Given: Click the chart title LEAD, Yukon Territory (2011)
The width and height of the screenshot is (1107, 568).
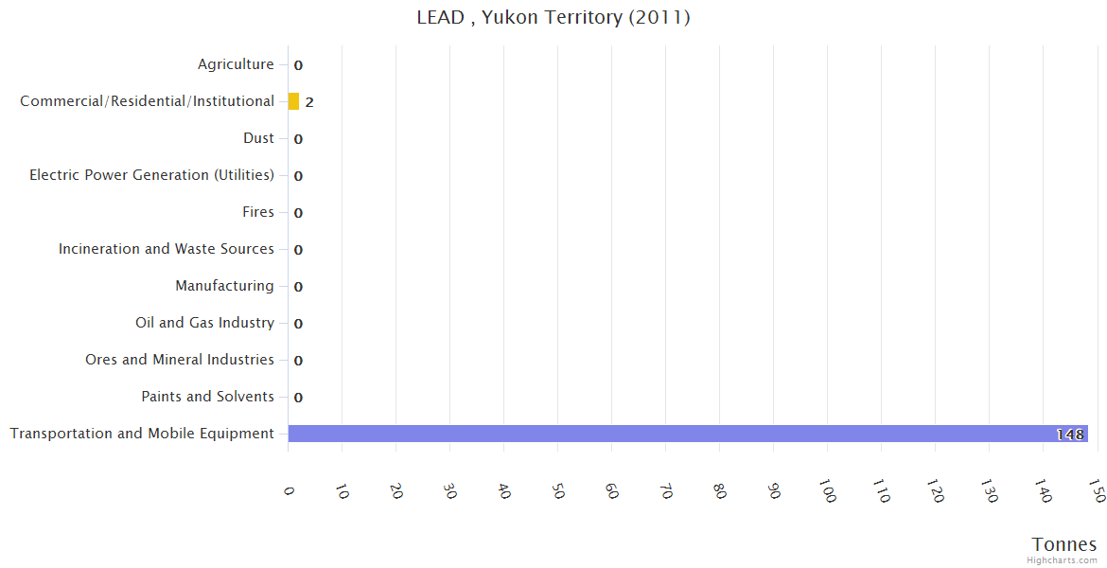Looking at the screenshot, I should click(x=553, y=17).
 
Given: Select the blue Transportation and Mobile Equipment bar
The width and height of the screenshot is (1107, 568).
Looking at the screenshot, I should click(x=687, y=434).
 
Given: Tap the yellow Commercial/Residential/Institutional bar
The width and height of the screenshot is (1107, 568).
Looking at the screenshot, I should click(x=293, y=101).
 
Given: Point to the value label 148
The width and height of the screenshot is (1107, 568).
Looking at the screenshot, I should click(x=1070, y=435).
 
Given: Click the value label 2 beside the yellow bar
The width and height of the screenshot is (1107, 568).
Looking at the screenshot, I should click(x=309, y=102).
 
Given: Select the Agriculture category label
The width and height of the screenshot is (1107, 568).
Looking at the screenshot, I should click(x=236, y=64).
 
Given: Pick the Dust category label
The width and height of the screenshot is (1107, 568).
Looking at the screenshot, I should click(x=258, y=138).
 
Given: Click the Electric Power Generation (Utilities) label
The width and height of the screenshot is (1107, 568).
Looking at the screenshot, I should click(x=151, y=175).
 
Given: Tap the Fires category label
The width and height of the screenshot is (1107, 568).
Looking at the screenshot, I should click(x=258, y=212).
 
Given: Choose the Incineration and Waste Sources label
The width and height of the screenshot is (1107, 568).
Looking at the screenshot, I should click(x=167, y=249).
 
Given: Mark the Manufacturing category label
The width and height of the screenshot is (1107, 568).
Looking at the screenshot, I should click(x=224, y=286).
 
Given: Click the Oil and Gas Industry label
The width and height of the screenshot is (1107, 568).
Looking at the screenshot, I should click(x=204, y=323).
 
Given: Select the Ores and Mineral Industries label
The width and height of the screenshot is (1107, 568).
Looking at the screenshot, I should click(x=180, y=360).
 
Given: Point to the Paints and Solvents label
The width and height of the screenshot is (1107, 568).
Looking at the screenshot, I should click(x=207, y=397).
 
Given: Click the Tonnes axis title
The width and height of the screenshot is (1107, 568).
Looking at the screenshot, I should click(x=1064, y=544).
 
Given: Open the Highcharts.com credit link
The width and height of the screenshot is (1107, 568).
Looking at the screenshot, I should click(x=1062, y=560).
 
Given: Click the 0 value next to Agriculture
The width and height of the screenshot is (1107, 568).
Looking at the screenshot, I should click(x=298, y=65).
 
